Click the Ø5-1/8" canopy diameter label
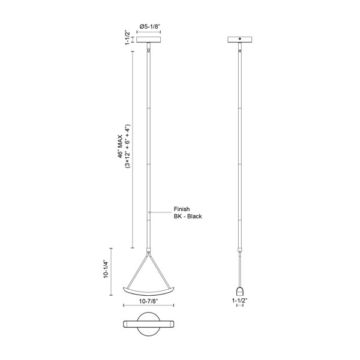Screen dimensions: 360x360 pyautogui.click(x=149, y=26)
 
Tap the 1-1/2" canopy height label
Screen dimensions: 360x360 pyautogui.click(x=128, y=37)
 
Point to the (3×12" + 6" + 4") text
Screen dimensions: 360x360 pyautogui.click(x=127, y=147)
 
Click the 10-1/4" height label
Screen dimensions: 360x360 pyautogui.click(x=106, y=269)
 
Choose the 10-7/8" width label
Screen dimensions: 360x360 pyautogui.click(x=149, y=301)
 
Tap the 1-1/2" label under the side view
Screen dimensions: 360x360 pyautogui.click(x=239, y=301)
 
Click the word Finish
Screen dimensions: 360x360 pyautogui.click(x=182, y=209)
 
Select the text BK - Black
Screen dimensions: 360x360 pyautogui.click(x=188, y=216)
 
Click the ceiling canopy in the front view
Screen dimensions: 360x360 pyautogui.click(x=149, y=40)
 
